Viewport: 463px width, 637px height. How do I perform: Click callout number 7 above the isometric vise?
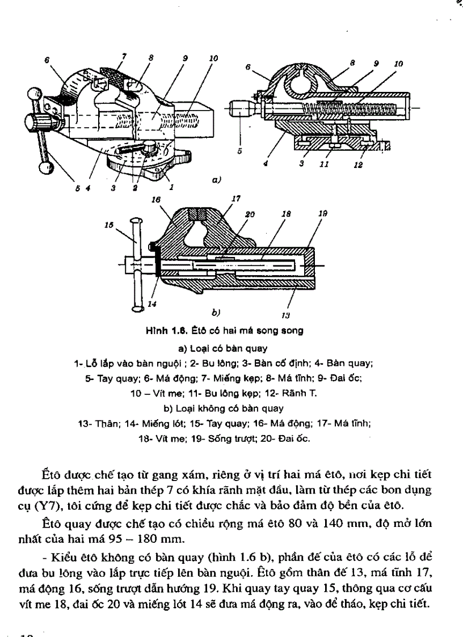124,56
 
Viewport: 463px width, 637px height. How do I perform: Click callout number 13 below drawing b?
285,314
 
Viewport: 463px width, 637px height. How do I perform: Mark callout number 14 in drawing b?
151,304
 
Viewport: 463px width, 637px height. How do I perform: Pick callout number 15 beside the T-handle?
108,225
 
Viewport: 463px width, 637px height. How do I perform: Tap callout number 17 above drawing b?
236,199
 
